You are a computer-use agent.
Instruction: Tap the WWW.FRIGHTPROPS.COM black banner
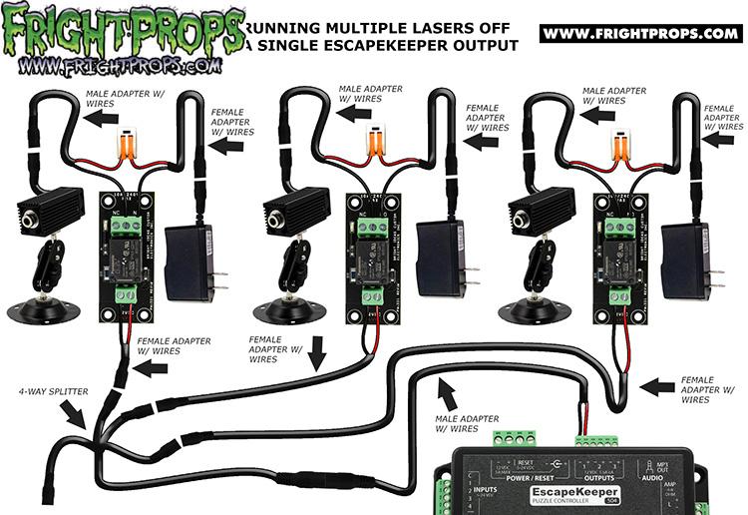tap(639, 34)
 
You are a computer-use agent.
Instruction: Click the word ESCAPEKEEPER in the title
tap(408, 45)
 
